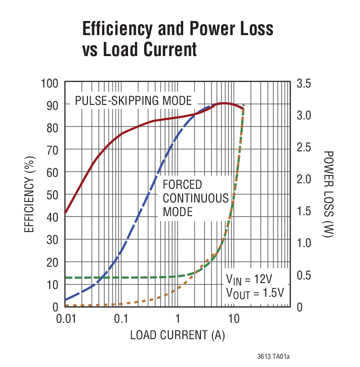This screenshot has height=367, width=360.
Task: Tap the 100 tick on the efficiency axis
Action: point(50,83)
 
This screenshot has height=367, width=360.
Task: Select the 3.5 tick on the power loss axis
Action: point(304,83)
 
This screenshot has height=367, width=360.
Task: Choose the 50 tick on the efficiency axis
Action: point(53,195)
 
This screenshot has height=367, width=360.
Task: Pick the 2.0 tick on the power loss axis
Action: point(304,179)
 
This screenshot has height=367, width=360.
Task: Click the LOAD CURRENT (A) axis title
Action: point(178,336)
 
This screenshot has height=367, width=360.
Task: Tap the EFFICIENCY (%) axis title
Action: point(30,195)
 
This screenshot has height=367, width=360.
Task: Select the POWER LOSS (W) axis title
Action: point(329,195)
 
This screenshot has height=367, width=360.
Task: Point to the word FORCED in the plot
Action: point(182,185)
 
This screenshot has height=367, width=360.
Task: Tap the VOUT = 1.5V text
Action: point(255,292)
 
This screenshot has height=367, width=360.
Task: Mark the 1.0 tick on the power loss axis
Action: point(304,243)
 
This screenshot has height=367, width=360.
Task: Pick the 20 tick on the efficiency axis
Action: point(53,263)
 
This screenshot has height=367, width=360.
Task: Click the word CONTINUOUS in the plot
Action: point(195,198)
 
